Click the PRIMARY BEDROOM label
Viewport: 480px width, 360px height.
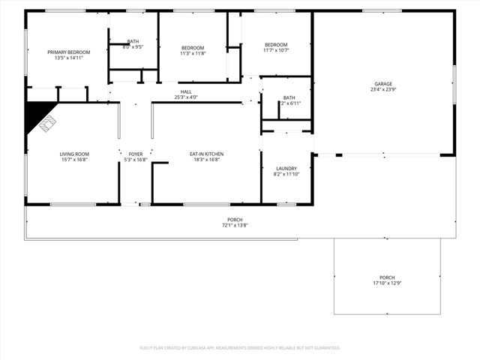pos(68,52)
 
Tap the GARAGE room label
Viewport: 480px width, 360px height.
pos(383,83)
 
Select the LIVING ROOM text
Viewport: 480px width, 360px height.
pos(74,154)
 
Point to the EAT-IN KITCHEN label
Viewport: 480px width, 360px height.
pos(206,154)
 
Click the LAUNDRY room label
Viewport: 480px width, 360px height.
pos(286,168)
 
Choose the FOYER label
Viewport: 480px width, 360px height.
pos(135,154)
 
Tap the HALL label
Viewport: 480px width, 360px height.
pos(186,91)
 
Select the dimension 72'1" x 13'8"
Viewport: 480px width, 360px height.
pos(234,225)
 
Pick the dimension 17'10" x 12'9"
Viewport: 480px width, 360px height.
pos(387,283)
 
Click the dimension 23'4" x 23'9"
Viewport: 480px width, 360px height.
pos(383,89)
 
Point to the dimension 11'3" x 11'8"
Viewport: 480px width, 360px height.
pos(193,53)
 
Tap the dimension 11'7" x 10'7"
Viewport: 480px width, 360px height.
pos(276,50)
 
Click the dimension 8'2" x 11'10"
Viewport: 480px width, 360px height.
pos(286,174)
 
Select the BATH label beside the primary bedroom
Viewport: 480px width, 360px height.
pos(133,41)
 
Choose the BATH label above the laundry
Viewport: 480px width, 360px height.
pos(289,97)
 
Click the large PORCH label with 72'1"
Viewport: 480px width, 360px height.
pos(234,219)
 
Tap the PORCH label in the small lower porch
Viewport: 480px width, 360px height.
pos(387,277)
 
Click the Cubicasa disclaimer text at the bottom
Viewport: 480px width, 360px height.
pos(240,347)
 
